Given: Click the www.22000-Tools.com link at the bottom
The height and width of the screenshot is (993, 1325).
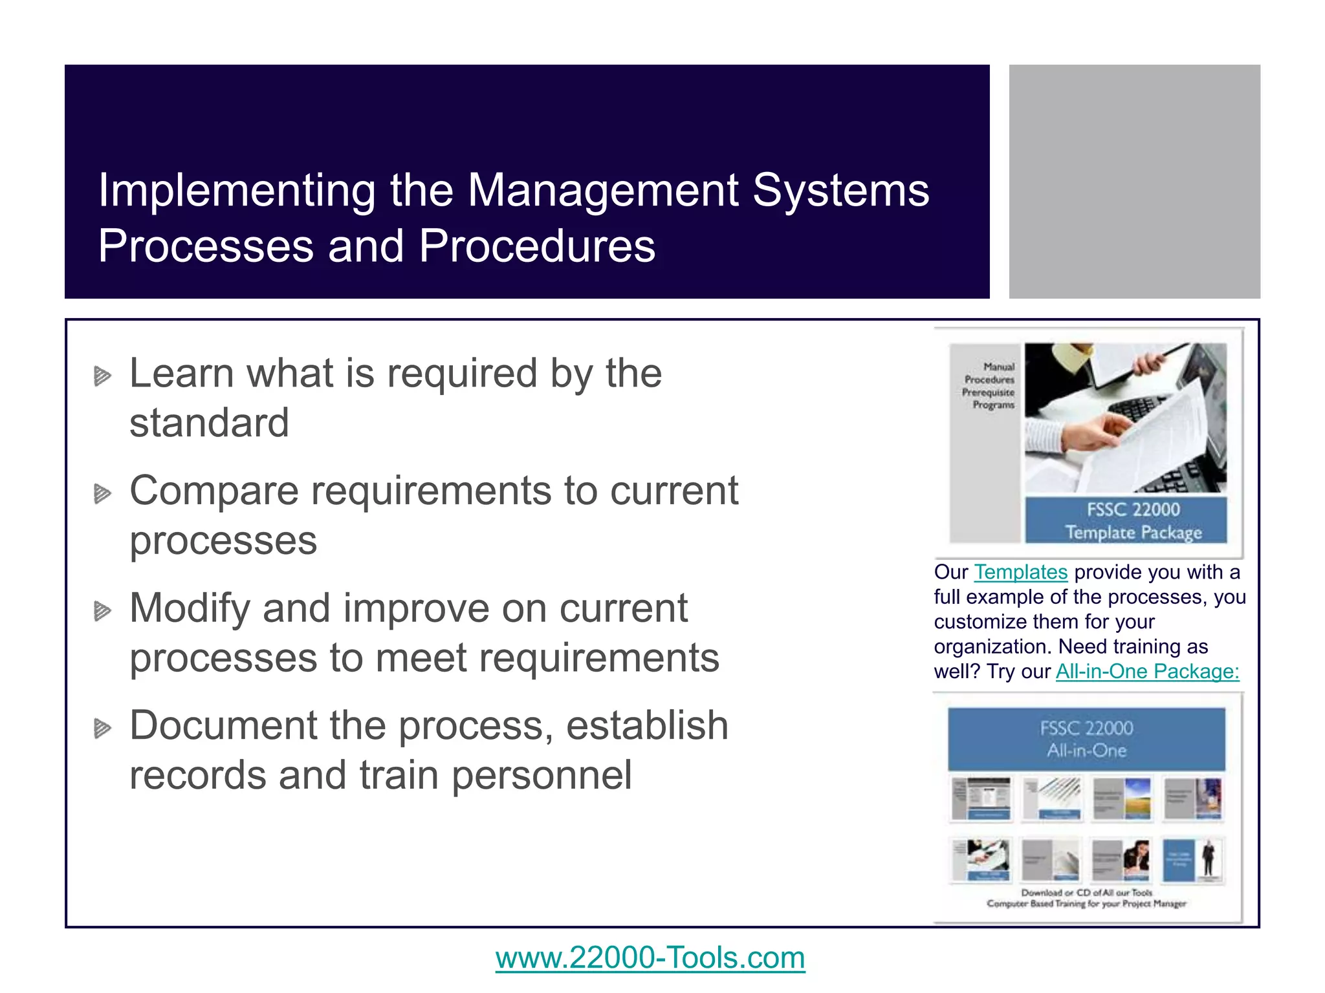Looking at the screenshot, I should pyautogui.click(x=650, y=957).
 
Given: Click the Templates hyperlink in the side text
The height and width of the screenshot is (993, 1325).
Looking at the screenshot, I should pyautogui.click(x=1020, y=572).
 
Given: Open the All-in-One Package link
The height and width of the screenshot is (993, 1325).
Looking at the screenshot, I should pyautogui.click(x=1147, y=672).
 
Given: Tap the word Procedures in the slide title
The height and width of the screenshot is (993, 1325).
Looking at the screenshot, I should pyautogui.click(x=537, y=246).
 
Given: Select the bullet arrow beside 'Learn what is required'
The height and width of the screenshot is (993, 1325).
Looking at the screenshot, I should pyautogui.click(x=102, y=376).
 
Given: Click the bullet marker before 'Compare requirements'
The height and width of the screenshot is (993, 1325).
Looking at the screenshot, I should pyautogui.click(x=102, y=494).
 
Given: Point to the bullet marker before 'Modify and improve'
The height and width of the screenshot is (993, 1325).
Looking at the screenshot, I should pyautogui.click(x=102, y=611).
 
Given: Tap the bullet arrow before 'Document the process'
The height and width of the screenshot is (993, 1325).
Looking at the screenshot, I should pyautogui.click(x=102, y=729).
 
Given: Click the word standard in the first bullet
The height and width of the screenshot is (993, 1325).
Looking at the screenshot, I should pyautogui.click(x=209, y=423).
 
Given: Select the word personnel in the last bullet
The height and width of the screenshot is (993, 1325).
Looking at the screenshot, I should pyautogui.click(x=541, y=775).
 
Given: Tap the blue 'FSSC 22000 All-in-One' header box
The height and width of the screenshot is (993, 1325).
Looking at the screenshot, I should pyautogui.click(x=1086, y=739).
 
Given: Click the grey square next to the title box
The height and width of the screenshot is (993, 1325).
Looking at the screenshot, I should pyautogui.click(x=1134, y=181).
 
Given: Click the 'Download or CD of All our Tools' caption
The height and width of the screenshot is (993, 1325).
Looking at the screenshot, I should pyautogui.click(x=1086, y=892).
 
